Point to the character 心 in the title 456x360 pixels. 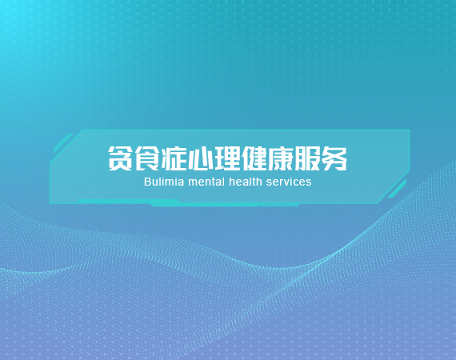200,158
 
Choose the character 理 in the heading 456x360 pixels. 227,158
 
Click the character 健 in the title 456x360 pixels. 254,158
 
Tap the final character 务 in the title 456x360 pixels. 334,158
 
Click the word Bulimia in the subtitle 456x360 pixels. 164,182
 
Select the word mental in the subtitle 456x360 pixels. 206,182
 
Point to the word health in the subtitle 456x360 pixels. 246,182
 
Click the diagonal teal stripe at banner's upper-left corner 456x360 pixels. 63,143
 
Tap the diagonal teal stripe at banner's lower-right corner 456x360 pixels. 397,189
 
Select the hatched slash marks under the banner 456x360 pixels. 279,206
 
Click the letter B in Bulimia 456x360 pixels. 147,182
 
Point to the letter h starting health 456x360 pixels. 232,182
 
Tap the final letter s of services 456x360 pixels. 309,183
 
